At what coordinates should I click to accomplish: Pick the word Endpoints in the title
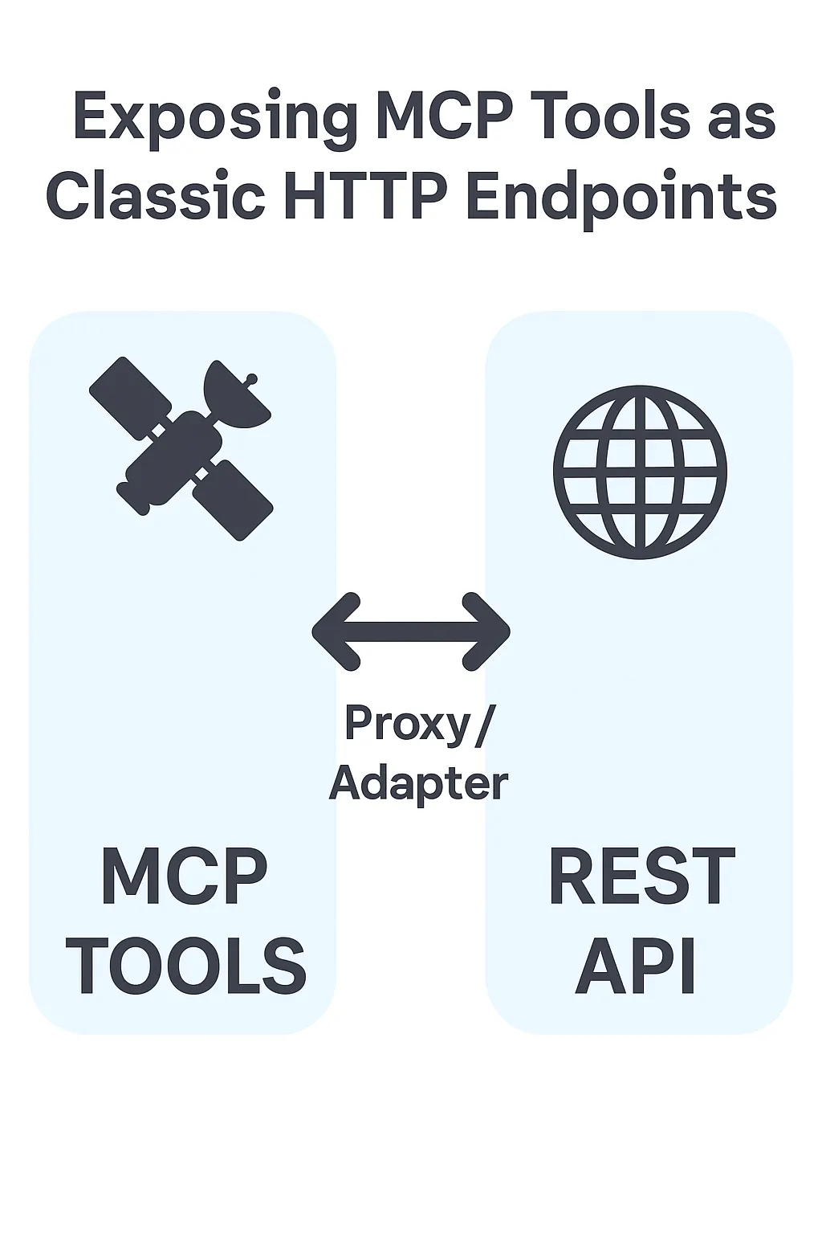tap(621, 198)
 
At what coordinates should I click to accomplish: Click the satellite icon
tap(181, 447)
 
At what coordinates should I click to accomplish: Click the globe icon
tap(640, 472)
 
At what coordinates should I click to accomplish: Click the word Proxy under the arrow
tap(407, 723)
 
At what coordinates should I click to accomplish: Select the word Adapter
tap(418, 782)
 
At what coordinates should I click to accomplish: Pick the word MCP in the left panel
tap(185, 876)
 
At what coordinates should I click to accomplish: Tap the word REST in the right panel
tap(641, 876)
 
